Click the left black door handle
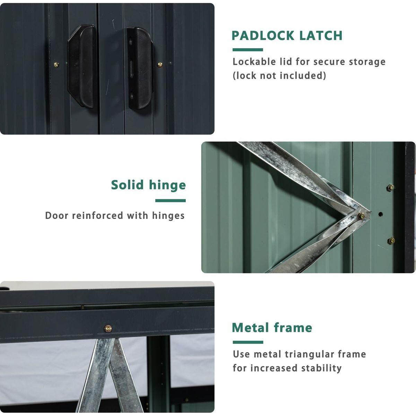81,66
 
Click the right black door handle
140,68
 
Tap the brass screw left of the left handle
57,64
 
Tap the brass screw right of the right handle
160,64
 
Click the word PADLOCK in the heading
263,36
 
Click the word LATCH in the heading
321,36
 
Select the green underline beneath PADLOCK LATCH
248,50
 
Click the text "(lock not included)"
279,76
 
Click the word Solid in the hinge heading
127,185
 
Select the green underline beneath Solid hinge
170,201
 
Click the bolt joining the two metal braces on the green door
361,215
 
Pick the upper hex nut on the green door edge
390,188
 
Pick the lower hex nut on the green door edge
391,241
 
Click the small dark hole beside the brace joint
380,214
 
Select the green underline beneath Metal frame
248,342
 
